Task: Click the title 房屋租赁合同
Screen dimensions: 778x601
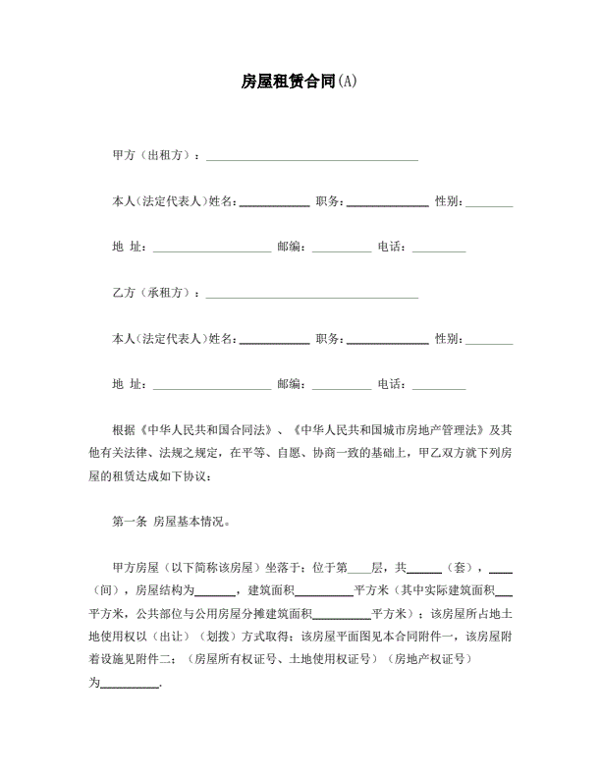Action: (288, 82)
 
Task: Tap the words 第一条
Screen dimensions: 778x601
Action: (130, 522)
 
